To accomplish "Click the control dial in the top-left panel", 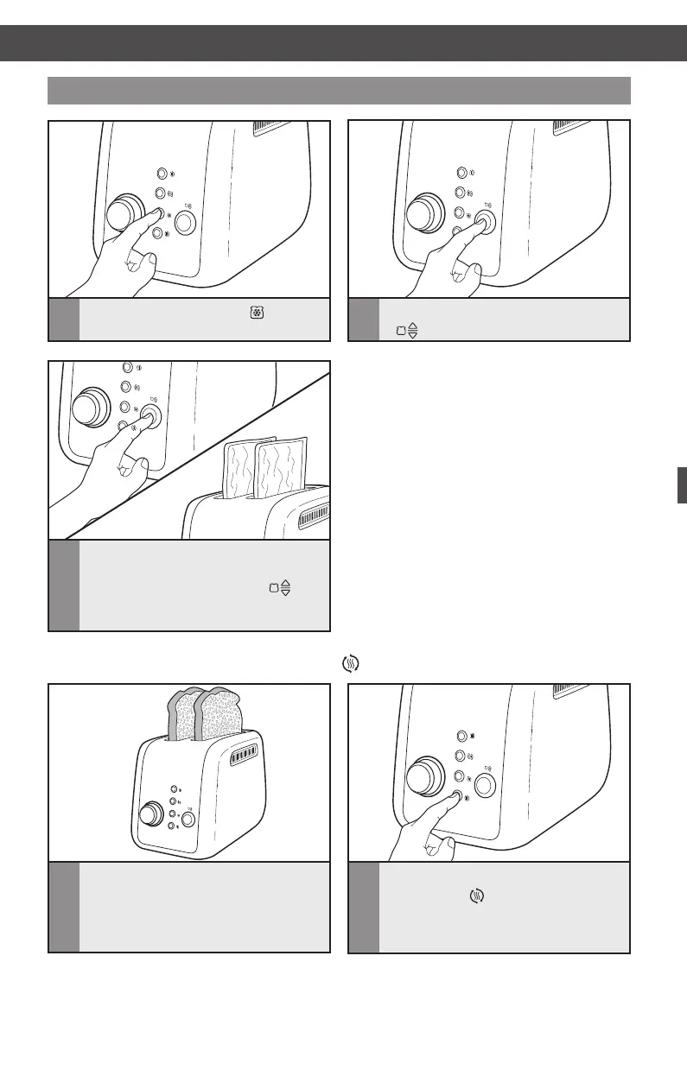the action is (126, 212).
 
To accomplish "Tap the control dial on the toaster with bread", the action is (150, 813).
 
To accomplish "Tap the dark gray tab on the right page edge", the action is (681, 484).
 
